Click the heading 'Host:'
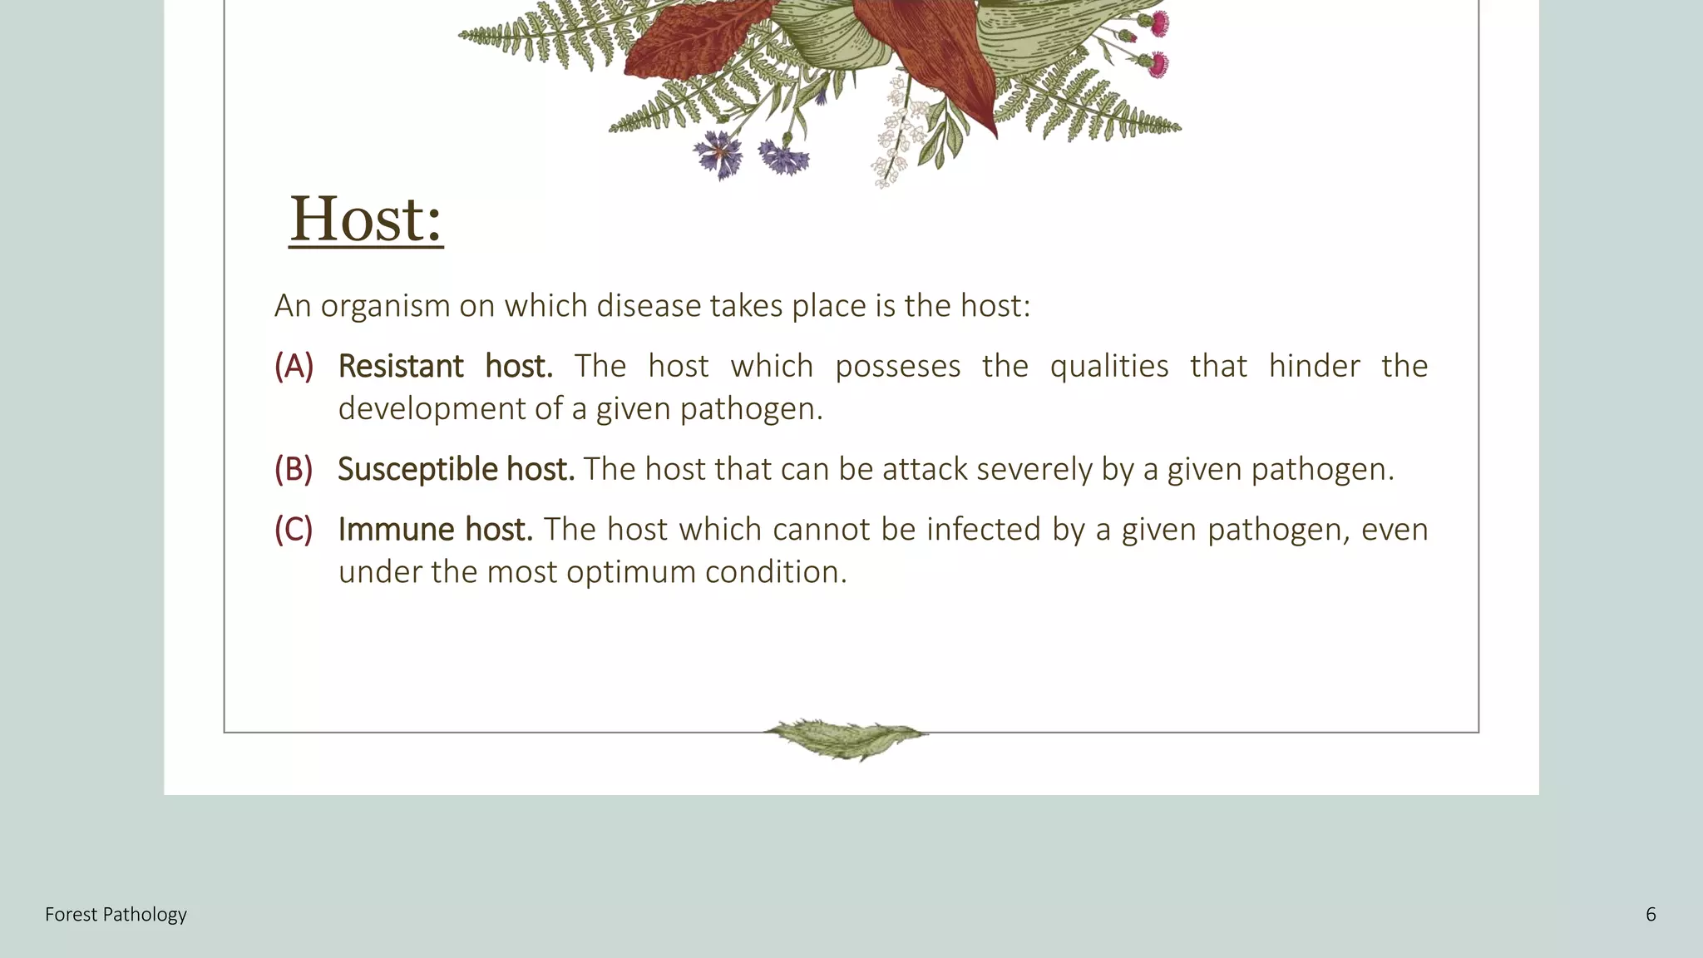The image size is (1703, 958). pyautogui.click(x=366, y=219)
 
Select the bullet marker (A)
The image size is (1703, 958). pyautogui.click(x=294, y=366)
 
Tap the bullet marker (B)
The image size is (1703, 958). pyautogui.click(x=294, y=469)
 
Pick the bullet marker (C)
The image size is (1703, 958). pyautogui.click(x=294, y=529)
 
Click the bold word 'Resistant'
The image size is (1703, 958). pyautogui.click(x=401, y=366)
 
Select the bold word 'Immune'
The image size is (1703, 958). pyautogui.click(x=396, y=529)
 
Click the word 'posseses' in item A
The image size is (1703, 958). pyautogui.click(x=898, y=366)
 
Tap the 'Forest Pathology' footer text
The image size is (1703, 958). pyautogui.click(x=116, y=915)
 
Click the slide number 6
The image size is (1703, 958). pyautogui.click(x=1651, y=915)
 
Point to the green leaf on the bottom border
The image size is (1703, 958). pyautogui.click(x=846, y=738)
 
